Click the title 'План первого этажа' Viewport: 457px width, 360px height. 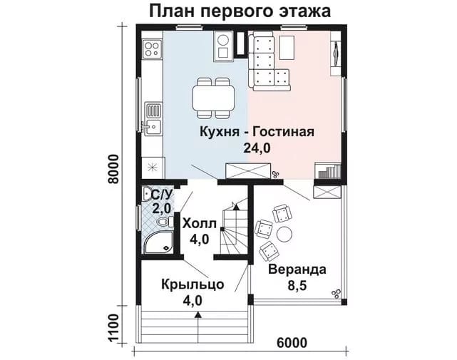(x=240, y=11)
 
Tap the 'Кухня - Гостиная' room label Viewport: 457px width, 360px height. (x=257, y=132)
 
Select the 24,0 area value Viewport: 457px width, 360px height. (x=257, y=148)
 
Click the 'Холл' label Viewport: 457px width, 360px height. (x=200, y=224)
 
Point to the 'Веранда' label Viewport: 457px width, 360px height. (x=297, y=269)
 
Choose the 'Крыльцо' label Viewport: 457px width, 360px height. (x=192, y=284)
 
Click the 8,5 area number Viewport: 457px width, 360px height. (x=297, y=286)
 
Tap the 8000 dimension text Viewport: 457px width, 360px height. (x=113, y=169)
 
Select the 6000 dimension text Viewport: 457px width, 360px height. (x=292, y=343)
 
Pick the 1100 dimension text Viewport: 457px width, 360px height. (x=113, y=328)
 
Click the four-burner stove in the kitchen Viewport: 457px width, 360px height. (x=152, y=49)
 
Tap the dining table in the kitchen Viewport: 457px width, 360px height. (x=213, y=98)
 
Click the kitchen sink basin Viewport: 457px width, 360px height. (x=153, y=127)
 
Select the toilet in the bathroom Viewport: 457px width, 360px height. (x=165, y=222)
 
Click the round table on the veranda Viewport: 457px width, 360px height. (x=284, y=234)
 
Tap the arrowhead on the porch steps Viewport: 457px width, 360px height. (x=198, y=314)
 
